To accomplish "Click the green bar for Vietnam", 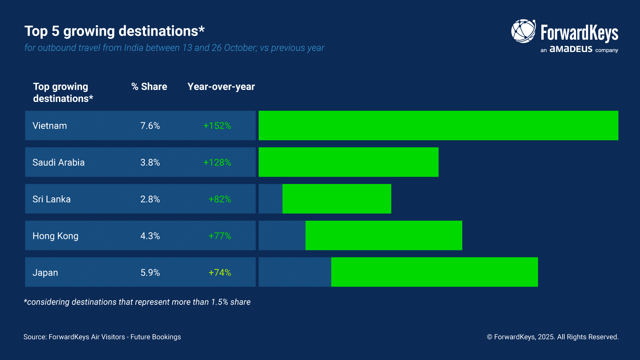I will pos(438,125).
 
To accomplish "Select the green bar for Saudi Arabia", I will pos(348,162).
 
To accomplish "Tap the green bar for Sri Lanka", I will pos(337,199).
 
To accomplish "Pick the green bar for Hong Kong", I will pos(384,235).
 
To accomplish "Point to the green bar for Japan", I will pos(434,272).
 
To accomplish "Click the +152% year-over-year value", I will pos(217,126).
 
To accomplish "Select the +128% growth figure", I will pos(217,162).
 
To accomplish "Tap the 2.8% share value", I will pos(150,199).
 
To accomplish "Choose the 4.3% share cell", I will pos(150,236).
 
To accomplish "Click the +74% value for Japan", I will pos(220,272).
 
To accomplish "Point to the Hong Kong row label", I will pos(55,236).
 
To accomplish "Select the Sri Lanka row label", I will pos(51,199).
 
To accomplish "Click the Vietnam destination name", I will pos(50,126).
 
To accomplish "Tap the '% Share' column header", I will pos(149,87).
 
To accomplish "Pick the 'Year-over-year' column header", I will pos(221,87).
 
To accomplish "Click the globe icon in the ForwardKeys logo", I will pos(523,31).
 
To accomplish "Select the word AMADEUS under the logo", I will pos(571,49).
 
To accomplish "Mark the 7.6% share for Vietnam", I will pos(150,126).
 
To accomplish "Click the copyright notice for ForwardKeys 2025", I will pos(553,337).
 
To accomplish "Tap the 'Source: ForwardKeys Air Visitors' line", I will pos(102,337).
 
